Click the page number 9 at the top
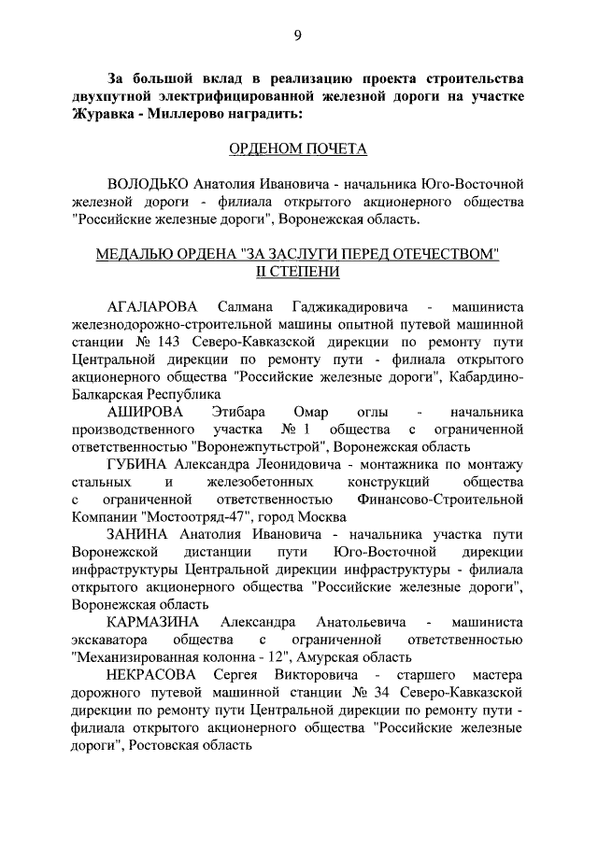click(x=297, y=35)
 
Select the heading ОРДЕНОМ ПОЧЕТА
click(x=298, y=148)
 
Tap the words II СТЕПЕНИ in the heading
click(x=298, y=272)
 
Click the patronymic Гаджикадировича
click(x=329, y=305)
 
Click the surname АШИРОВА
click(x=146, y=412)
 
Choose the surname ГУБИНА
click(x=139, y=464)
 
